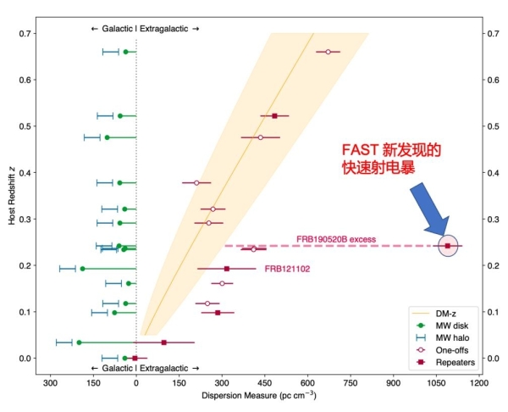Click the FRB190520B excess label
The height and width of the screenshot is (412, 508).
pyautogui.click(x=335, y=238)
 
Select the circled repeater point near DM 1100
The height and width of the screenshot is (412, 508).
pyautogui.click(x=448, y=246)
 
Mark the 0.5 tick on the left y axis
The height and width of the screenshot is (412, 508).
pyautogui.click(x=28, y=126)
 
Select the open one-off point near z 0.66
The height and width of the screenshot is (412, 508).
pyautogui.click(x=328, y=52)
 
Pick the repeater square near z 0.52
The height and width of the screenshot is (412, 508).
pyautogui.click(x=274, y=115)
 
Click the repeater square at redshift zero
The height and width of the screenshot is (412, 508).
pyautogui.click(x=135, y=358)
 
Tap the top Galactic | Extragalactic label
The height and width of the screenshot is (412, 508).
pyautogui.click(x=145, y=28)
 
